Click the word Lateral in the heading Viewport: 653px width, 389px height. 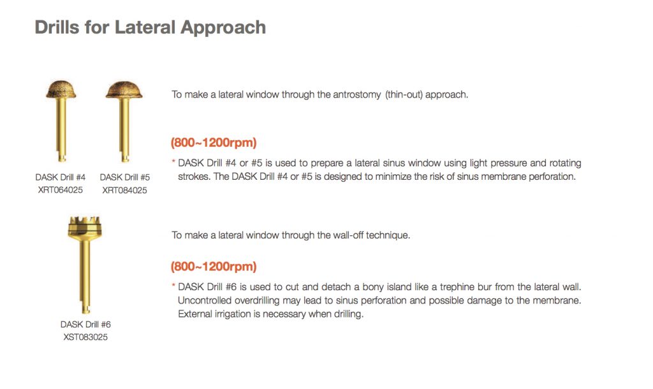tap(145, 27)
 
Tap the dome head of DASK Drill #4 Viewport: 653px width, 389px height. tap(61, 89)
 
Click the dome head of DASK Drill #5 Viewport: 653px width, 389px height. tap(124, 89)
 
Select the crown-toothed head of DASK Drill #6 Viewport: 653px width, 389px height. tap(85, 228)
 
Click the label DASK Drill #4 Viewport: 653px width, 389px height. tap(61, 177)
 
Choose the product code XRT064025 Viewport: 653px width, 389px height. tap(61, 190)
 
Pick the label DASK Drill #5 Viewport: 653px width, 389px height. tap(124, 177)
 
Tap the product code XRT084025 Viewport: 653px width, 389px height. tap(124, 190)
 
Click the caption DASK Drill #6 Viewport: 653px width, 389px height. tap(85, 325)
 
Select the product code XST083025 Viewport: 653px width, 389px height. tap(85, 337)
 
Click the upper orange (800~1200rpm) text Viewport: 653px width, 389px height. tap(214, 142)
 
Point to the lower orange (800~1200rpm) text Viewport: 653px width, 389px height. tap(214, 266)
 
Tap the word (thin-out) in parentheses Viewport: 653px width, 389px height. tap(404, 95)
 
